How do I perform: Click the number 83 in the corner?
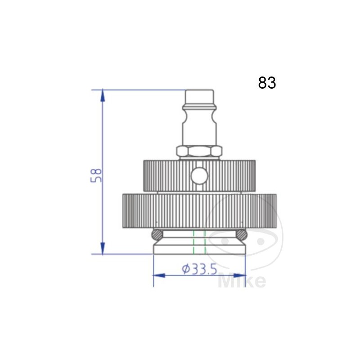267,83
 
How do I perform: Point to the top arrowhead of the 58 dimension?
103,95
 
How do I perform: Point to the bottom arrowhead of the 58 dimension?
103,248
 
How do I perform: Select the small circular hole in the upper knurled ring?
198,175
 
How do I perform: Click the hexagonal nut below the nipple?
199,152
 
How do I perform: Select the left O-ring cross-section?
156,234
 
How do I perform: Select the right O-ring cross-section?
242,234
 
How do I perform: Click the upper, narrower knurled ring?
166,175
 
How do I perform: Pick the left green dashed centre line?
193,242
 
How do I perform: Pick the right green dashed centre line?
205,242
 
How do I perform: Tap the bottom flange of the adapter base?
199,249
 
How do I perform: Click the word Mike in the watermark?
242,281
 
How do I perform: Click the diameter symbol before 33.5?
186,269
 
